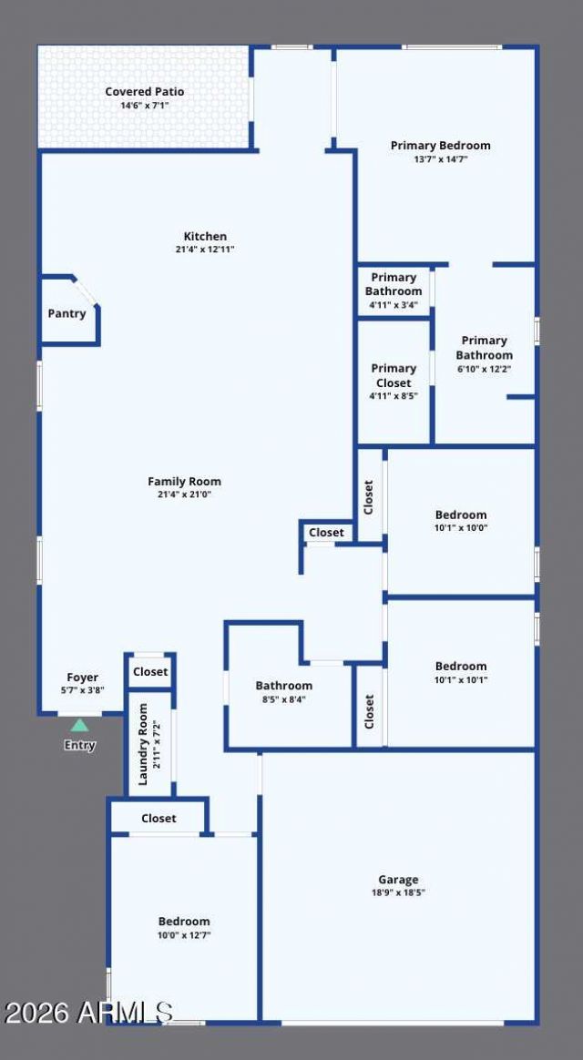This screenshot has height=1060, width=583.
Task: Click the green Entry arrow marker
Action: pos(80,726)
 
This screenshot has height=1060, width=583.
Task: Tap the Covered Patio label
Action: pos(144,92)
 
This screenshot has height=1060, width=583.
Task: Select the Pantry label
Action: pos(67,313)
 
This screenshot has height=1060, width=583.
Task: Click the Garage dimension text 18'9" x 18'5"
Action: pos(398,892)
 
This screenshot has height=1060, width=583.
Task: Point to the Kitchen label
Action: pos(205,237)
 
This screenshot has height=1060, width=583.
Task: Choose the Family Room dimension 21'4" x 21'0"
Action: pos(184,494)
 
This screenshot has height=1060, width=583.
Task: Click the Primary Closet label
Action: pos(394,376)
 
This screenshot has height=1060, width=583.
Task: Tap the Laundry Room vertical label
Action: pos(143,744)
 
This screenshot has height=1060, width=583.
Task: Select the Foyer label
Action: pos(83,678)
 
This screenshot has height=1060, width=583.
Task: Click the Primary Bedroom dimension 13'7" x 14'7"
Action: pos(440,159)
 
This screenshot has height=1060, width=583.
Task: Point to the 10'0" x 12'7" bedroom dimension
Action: pos(184,935)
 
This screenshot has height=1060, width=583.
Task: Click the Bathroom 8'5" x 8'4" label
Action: pos(283,692)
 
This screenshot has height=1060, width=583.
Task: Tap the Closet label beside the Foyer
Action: pos(150,672)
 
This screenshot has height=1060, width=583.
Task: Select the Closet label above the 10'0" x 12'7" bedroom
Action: pos(159,819)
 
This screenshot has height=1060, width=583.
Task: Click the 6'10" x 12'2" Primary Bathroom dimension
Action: pos(484,369)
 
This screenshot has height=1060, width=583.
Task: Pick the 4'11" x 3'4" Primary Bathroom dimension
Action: pos(393,305)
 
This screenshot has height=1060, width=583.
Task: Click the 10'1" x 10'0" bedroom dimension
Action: pos(461,528)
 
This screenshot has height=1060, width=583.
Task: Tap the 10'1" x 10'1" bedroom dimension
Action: pos(461,680)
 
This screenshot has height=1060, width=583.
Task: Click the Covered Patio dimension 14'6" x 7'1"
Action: pos(144,106)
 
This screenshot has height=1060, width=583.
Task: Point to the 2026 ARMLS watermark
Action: pos(88,1012)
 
